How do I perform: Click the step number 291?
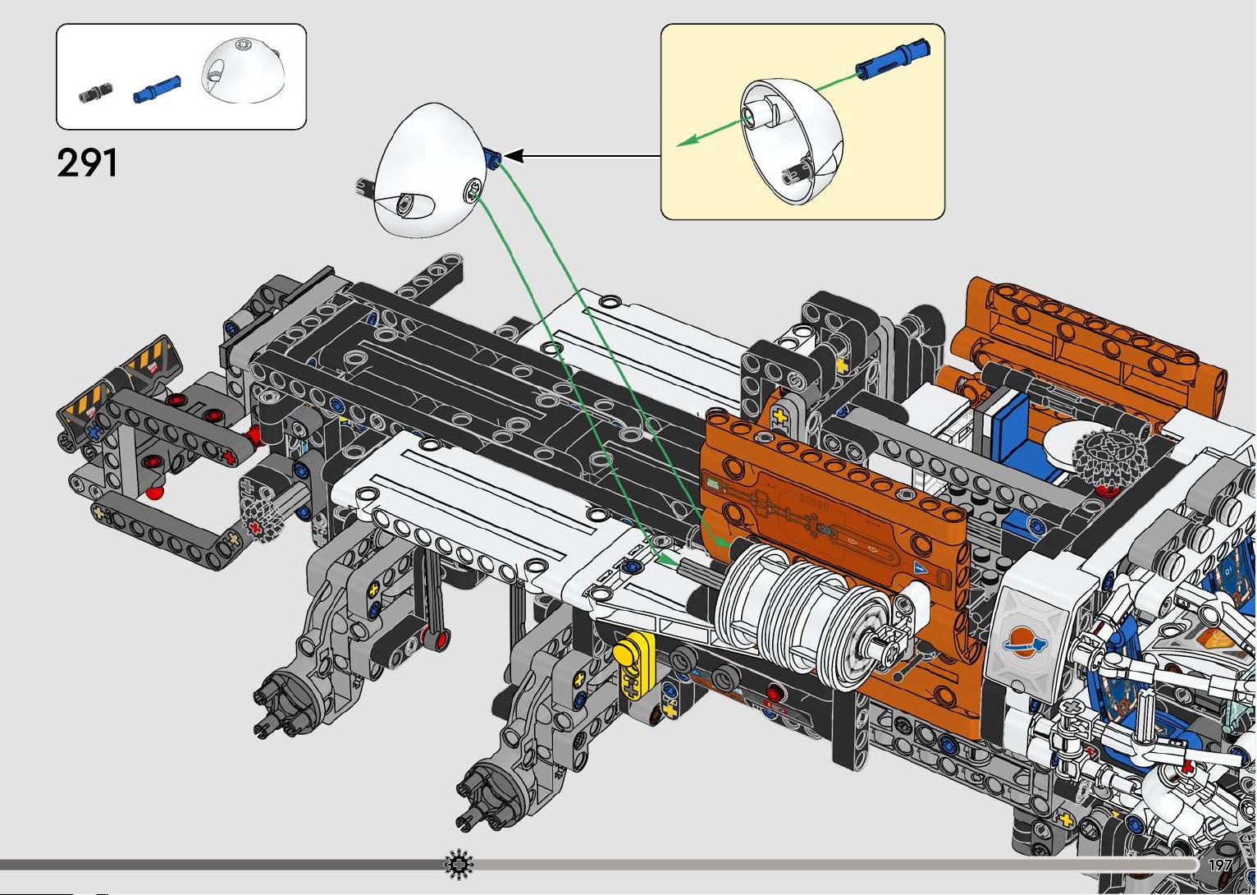(87, 163)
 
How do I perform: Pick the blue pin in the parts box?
(158, 89)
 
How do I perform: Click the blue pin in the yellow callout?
(893, 59)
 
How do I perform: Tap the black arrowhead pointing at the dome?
(514, 156)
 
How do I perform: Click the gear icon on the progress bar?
(459, 864)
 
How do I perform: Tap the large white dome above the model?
(431, 170)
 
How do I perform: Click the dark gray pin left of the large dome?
(366, 188)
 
